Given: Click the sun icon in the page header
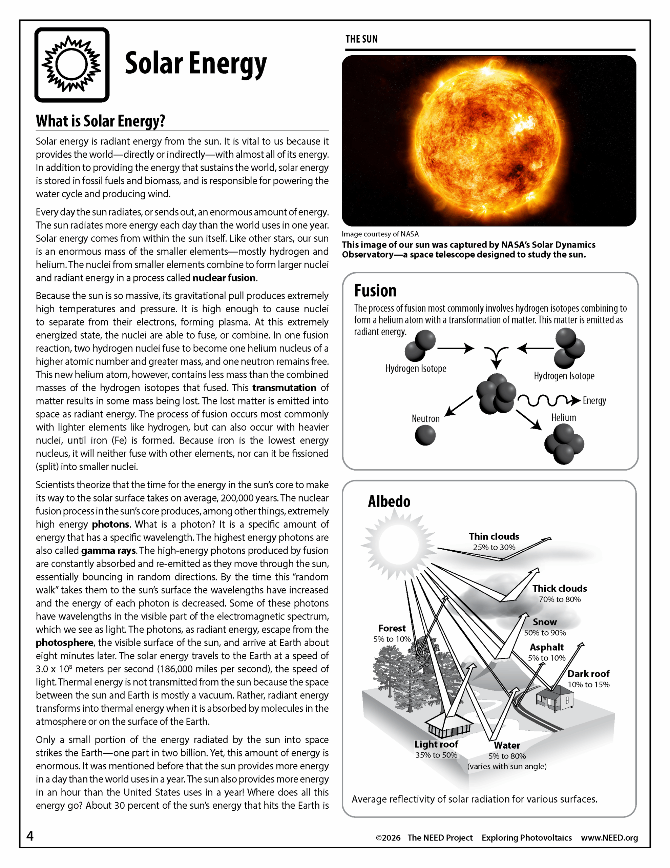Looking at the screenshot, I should click(x=72, y=65).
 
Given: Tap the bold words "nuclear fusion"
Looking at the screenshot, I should click(x=224, y=278).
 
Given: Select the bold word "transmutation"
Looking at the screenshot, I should click(x=285, y=388).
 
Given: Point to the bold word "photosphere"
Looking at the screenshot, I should click(x=65, y=643).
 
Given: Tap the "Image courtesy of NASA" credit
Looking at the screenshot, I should click(x=380, y=234).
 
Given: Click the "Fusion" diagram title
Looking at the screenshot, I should click(x=375, y=291).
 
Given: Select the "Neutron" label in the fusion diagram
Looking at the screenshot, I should click(x=425, y=418).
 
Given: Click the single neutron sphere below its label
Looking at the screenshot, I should click(x=425, y=435).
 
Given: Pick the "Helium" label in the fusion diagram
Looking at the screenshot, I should click(x=563, y=418).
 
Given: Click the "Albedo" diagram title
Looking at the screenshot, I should click(x=389, y=501).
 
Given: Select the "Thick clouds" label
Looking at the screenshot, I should click(x=560, y=588).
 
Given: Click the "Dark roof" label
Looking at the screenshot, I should click(x=588, y=674).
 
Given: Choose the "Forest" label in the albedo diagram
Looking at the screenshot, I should click(x=392, y=628).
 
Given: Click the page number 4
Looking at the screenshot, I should click(x=30, y=836).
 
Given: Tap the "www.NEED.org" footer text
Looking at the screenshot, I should click(x=609, y=838).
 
